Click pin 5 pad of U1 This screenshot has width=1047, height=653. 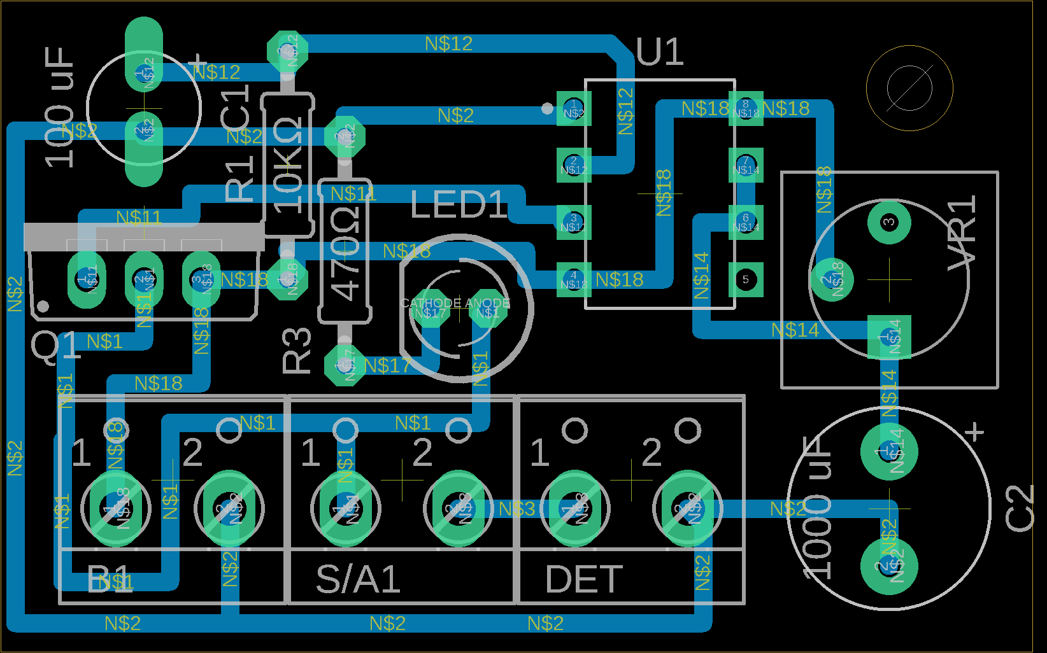[x=745, y=279]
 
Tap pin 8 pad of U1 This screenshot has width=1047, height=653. [x=745, y=108]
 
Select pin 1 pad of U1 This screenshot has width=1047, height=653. [x=574, y=108]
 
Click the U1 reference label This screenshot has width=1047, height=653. [x=660, y=52]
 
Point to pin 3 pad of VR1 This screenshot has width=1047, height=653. [x=888, y=222]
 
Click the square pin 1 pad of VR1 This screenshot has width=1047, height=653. [x=889, y=337]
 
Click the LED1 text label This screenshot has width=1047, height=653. [x=459, y=205]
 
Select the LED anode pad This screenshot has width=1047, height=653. [x=488, y=311]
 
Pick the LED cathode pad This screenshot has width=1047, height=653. [x=431, y=311]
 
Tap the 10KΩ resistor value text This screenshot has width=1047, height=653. [x=288, y=164]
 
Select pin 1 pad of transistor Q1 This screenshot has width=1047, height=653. [x=87, y=279]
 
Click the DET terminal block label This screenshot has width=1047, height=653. [x=584, y=579]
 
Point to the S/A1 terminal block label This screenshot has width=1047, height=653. [x=358, y=579]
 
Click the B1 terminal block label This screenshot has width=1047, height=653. [x=110, y=579]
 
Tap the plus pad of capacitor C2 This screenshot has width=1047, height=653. [x=889, y=451]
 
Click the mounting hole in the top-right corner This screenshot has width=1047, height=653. [x=909, y=88]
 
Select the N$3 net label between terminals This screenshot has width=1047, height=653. [x=516, y=509]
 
